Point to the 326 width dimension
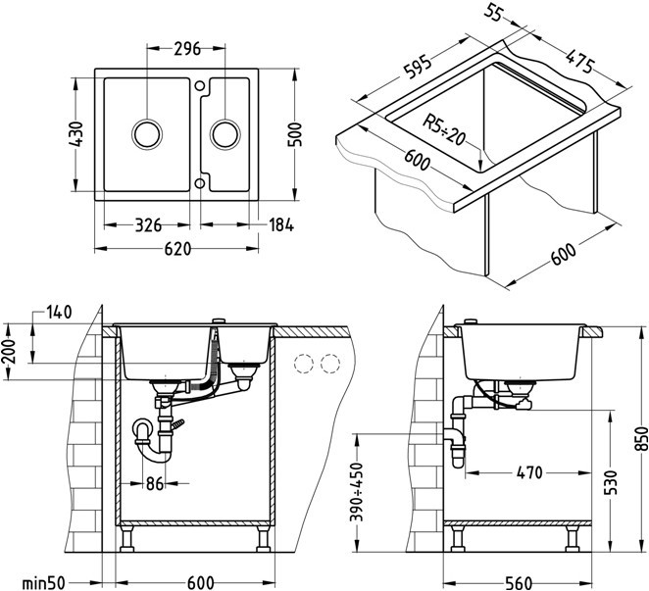tap(148, 226)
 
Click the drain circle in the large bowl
tap(147, 132)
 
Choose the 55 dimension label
tap(495, 15)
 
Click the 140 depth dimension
tap(59, 313)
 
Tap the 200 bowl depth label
tap(10, 347)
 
